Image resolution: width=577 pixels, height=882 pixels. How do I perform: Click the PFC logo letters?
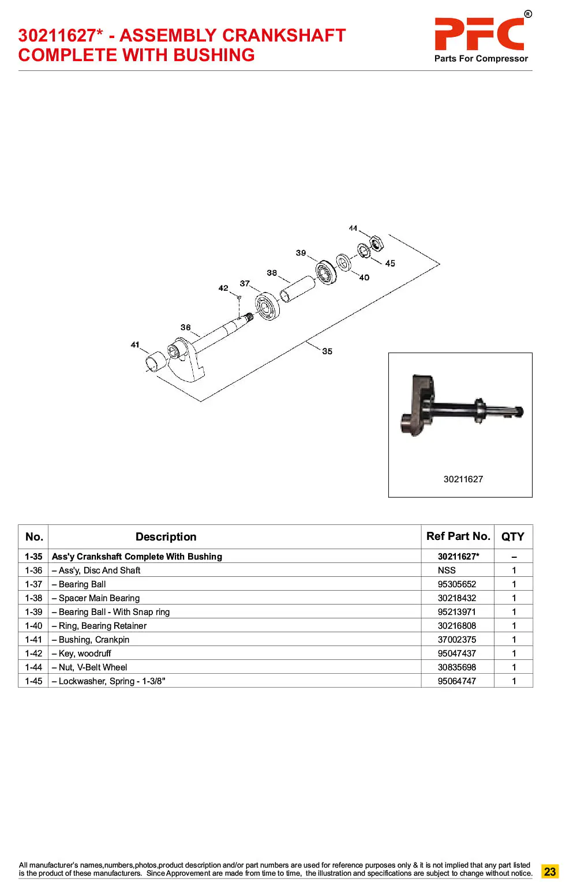pos(479,34)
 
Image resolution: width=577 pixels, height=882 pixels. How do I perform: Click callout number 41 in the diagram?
pos(135,345)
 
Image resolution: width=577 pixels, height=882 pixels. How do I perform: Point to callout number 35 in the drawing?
pos(327,351)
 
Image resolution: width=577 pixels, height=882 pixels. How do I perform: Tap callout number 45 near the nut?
pos(390,264)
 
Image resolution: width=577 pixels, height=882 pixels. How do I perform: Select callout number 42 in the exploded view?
pos(223,288)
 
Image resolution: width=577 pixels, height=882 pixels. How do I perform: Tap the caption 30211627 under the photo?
pos(463,479)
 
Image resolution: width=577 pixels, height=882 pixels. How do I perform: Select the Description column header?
pos(166,537)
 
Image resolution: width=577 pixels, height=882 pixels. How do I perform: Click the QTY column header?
pos(512,537)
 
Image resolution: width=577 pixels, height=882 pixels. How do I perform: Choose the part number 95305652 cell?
pos(456,584)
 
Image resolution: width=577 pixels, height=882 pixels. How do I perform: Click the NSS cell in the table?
pos(447,571)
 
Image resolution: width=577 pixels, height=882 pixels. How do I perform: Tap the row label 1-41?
pos(33,640)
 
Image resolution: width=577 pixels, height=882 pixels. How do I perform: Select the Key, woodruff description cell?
pos(85,654)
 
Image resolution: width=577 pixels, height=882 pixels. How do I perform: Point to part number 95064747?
pos(456,681)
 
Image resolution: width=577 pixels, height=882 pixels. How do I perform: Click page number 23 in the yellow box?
pos(549,871)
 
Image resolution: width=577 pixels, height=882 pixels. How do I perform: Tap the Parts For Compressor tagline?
pos(481,59)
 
